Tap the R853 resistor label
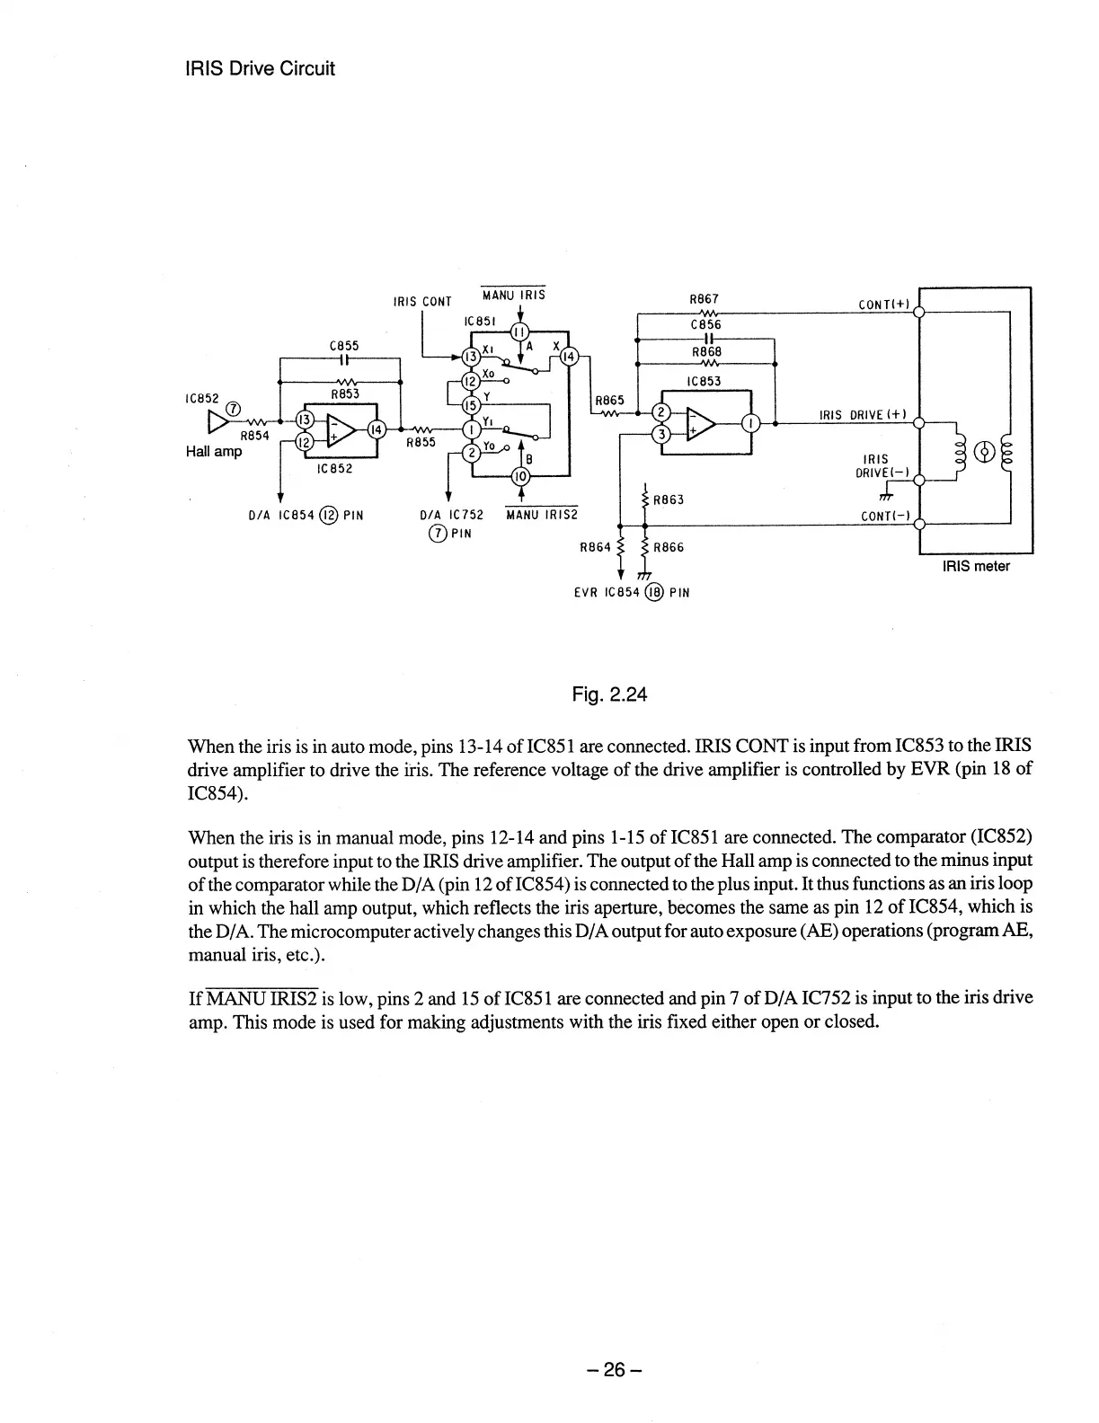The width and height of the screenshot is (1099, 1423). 345,393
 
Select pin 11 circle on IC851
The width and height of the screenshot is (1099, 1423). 520,331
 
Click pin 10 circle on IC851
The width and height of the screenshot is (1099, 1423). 520,476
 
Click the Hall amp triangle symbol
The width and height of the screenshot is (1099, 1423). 218,422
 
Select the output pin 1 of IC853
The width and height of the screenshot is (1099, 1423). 755,422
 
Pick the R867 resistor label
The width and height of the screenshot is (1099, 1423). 704,299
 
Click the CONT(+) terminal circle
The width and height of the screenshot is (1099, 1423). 918,313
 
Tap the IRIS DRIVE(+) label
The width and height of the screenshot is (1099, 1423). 862,414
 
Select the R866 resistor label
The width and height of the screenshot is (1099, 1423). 669,547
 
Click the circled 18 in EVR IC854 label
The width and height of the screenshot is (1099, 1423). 654,592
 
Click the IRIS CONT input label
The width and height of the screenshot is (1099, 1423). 422,301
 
